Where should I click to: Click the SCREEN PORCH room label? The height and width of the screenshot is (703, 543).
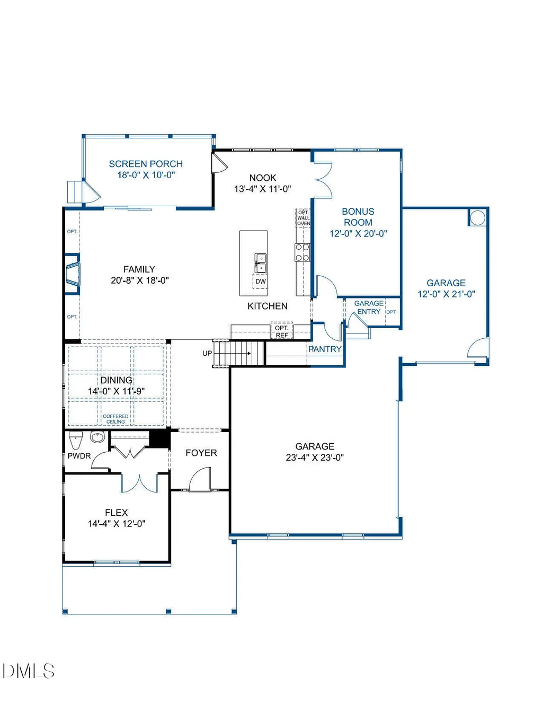coord(146,164)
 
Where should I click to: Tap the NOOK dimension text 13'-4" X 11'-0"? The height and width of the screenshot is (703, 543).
coord(263,189)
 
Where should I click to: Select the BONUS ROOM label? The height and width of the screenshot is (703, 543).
coord(358,217)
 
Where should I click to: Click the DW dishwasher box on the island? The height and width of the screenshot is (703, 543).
coord(260,282)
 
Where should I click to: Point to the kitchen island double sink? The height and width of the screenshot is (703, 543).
coord(261,263)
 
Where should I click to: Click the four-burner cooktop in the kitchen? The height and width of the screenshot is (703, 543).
coord(302,252)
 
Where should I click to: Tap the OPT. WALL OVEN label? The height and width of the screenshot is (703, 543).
coord(303,218)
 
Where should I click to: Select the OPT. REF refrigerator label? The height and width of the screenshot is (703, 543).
coord(282,331)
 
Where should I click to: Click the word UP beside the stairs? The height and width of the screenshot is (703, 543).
coord(207,353)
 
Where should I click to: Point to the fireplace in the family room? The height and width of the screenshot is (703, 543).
coord(73,274)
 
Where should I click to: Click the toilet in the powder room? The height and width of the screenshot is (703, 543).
coord(76,440)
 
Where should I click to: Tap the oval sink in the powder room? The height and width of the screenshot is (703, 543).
coord(97,437)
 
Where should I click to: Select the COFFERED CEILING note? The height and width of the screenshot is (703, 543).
coord(115,419)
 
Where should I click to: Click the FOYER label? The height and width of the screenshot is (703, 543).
coord(201,453)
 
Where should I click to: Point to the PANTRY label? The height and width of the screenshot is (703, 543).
coord(325,349)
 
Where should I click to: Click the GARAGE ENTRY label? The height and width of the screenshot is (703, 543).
coord(369,307)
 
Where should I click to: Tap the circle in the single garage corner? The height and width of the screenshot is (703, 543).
coord(478,217)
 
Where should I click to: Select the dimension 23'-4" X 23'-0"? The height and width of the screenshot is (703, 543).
coord(315,458)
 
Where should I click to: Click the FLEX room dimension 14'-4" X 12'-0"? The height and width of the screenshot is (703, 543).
coord(117,523)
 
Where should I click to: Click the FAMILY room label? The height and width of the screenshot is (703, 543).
coord(139,269)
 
